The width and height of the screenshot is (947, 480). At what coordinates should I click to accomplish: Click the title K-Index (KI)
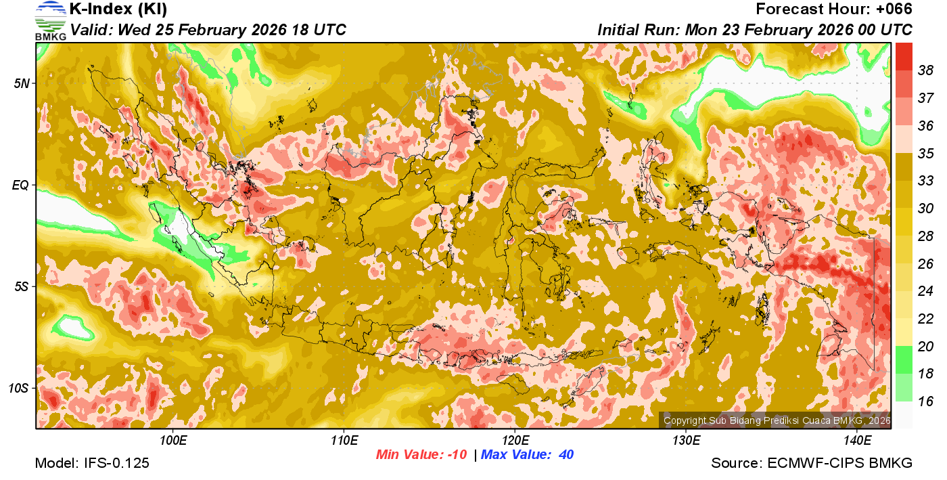click(x=118, y=9)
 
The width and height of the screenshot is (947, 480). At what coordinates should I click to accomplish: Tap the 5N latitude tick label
click(x=21, y=83)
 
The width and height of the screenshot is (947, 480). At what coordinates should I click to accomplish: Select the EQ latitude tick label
click(x=21, y=185)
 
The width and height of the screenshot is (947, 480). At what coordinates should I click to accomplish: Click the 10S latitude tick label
click(x=18, y=388)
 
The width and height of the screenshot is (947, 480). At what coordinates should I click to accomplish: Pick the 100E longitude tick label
click(x=173, y=441)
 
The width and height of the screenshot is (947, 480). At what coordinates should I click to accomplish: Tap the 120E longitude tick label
click(x=515, y=441)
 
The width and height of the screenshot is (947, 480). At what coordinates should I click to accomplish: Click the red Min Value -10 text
click(x=421, y=455)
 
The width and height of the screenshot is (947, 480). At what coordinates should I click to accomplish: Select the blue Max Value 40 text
click(x=528, y=455)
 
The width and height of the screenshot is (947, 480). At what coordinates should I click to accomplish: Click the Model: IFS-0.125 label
click(x=92, y=463)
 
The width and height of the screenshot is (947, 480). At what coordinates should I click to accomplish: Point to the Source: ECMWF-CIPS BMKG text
click(x=812, y=463)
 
